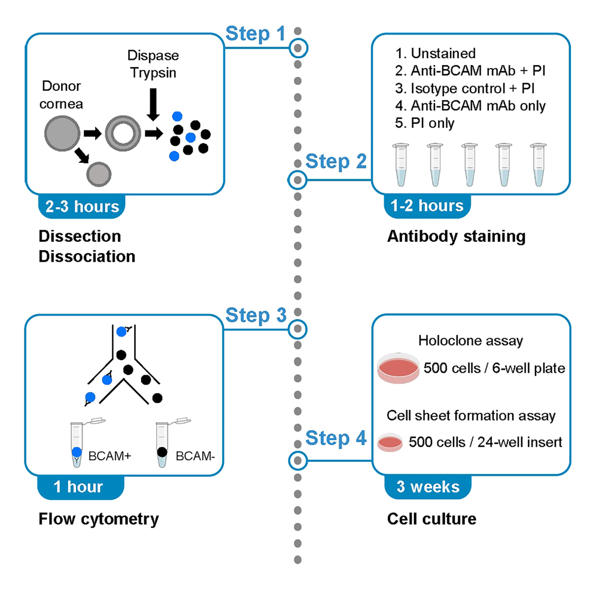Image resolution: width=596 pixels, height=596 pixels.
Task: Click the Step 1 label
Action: (x=256, y=34)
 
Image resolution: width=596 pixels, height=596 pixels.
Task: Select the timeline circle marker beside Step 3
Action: (x=297, y=328)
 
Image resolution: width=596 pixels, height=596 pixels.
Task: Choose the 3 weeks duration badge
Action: (x=428, y=486)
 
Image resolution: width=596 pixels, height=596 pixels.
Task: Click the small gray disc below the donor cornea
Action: (x=99, y=174)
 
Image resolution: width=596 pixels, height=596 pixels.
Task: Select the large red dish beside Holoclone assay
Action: (x=397, y=370)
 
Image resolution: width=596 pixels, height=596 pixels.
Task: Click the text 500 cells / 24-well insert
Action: (x=485, y=442)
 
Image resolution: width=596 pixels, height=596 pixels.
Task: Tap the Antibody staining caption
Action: (x=456, y=236)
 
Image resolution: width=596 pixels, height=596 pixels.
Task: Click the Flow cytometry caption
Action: (x=99, y=518)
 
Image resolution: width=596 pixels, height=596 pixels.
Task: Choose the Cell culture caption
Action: (x=431, y=518)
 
